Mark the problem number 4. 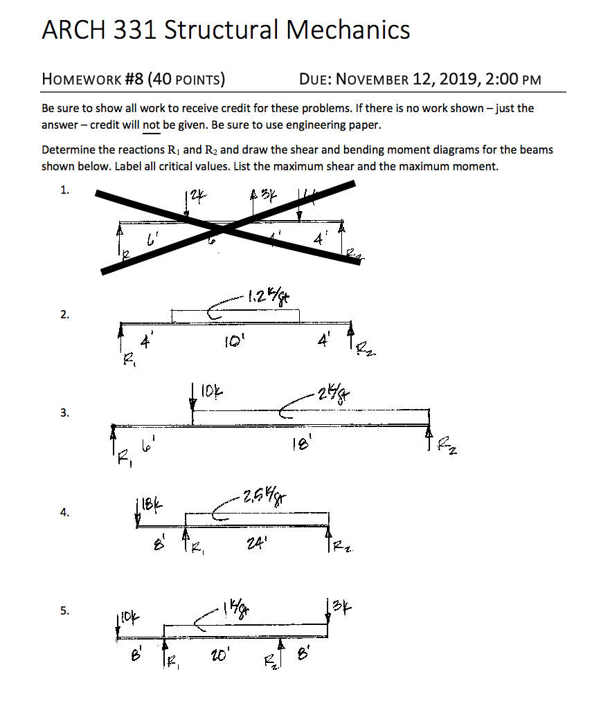tap(64, 513)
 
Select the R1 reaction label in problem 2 tap(127, 359)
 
